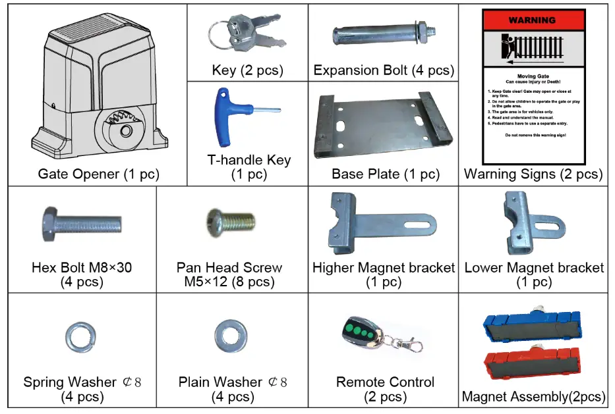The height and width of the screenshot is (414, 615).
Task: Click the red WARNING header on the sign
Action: (533, 20)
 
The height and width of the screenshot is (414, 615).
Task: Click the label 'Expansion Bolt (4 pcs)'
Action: (384, 70)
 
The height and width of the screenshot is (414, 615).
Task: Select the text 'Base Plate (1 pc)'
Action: (385, 174)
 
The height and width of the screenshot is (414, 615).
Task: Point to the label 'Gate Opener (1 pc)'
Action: (98, 174)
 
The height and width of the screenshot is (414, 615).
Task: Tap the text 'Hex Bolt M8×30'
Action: (80, 268)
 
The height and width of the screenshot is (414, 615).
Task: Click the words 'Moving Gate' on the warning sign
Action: (533, 76)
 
